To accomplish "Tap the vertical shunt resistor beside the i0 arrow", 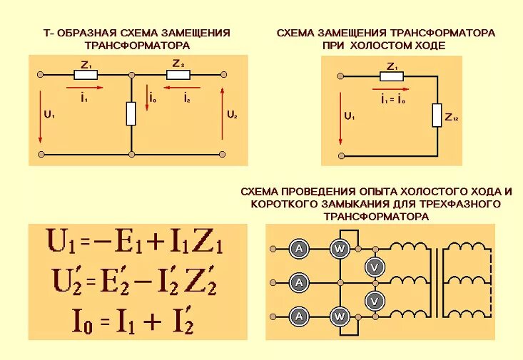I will [131, 113].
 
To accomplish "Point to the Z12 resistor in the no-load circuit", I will [437, 115].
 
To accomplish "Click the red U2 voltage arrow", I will [223, 113].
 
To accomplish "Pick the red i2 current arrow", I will [178, 88].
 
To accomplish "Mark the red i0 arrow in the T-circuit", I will [145, 101].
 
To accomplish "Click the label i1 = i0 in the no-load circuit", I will [392, 100].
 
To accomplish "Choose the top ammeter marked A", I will [299, 248].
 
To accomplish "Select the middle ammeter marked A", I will [299, 282].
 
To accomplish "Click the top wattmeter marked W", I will [340, 248].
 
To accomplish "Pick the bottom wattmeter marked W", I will [340, 316].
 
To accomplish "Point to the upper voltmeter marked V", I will [374, 267].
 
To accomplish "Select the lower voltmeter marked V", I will [374, 301].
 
